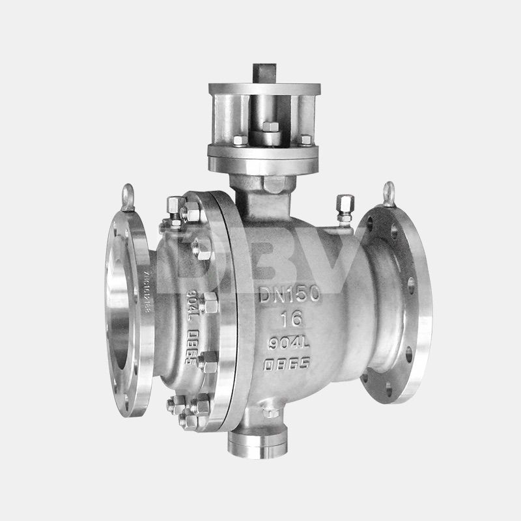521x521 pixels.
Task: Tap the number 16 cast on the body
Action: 289,319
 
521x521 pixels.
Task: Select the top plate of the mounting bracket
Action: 264,89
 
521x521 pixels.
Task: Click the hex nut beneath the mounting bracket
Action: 273,183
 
